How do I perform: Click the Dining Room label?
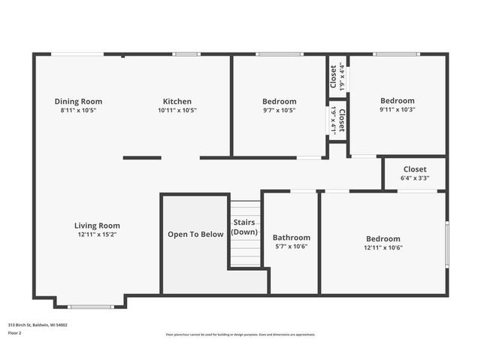78,102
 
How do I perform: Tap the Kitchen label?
177,102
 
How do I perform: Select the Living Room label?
97,226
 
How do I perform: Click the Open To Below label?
195,235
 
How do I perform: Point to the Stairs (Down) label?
245,227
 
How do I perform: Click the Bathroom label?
292,238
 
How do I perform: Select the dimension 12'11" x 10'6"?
383,247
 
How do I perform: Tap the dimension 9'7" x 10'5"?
279,110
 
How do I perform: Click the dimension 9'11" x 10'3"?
397,109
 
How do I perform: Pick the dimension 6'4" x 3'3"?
415,178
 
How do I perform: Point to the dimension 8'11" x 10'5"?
78,110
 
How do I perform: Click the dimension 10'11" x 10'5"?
177,110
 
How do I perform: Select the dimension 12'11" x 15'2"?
97,234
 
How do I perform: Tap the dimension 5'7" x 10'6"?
292,247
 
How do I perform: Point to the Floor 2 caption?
14,332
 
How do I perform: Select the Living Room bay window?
90,306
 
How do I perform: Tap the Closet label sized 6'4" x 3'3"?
415,170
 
